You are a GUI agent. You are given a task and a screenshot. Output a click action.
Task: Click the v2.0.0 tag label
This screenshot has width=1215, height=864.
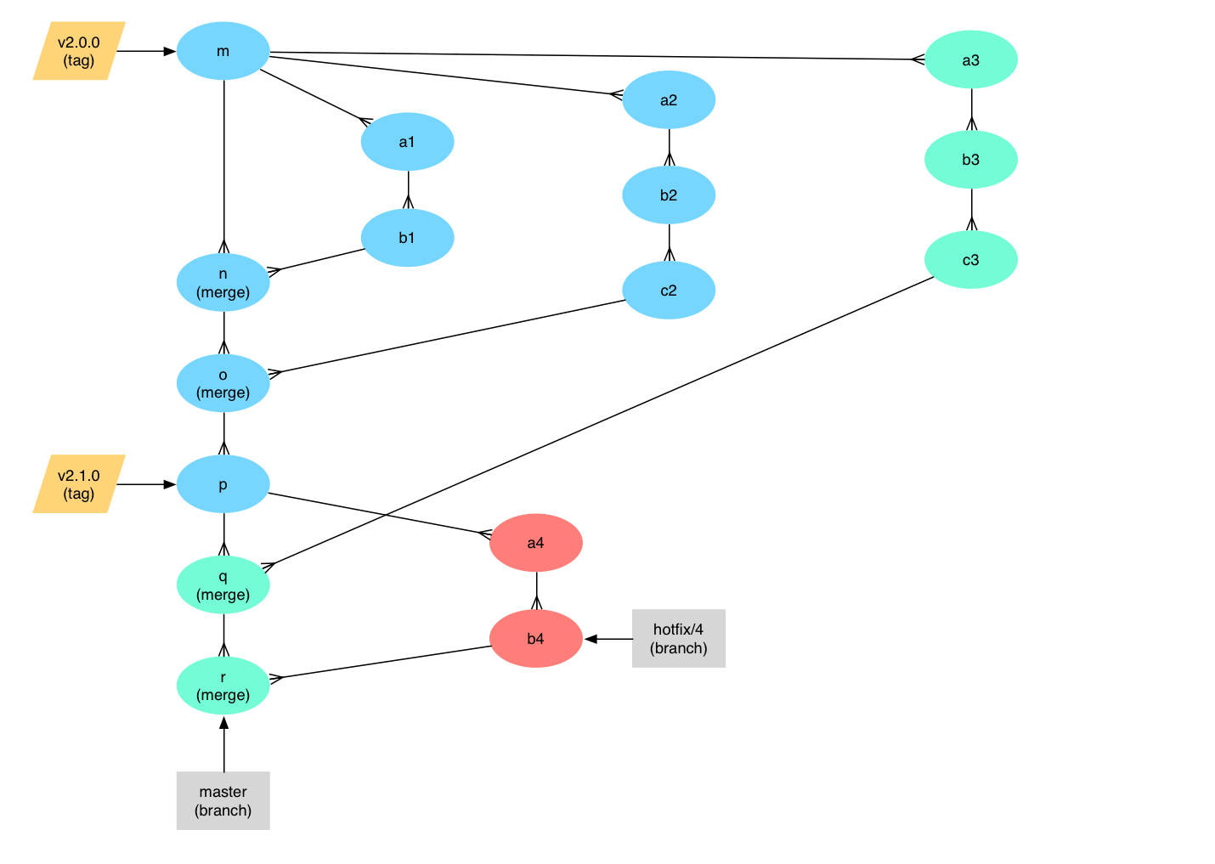79,51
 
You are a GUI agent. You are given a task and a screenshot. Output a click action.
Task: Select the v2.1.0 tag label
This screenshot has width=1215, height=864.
79,484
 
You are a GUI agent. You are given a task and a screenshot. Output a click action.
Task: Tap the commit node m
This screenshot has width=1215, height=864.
223,51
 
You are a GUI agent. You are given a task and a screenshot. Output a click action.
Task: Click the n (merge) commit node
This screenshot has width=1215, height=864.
223,283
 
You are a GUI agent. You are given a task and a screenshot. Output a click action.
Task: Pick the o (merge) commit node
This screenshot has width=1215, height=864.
223,383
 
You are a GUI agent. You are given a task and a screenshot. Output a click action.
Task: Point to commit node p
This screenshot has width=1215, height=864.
223,484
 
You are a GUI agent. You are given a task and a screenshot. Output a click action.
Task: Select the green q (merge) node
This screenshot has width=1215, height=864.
223,584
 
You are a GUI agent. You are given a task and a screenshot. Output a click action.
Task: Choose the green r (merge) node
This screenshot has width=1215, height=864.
223,686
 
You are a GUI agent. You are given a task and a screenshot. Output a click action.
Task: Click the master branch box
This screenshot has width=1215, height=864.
223,800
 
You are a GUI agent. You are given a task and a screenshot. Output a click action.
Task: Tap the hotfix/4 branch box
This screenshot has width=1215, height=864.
679,638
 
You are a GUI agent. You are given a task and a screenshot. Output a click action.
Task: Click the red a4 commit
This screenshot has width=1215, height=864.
535,543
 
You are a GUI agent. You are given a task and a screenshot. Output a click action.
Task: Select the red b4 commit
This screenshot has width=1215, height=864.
535,638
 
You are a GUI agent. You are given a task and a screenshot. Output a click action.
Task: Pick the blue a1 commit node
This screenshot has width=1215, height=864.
407,142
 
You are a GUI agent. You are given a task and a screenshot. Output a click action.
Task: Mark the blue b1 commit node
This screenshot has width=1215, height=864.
407,238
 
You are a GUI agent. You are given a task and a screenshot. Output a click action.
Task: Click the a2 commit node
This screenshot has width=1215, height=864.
669,100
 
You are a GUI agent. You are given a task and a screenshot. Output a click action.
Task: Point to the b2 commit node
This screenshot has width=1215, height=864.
669,195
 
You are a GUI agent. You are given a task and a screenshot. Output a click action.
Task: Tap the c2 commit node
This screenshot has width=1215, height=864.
669,291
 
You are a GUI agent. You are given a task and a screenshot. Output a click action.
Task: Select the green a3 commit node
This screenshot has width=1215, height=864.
970,59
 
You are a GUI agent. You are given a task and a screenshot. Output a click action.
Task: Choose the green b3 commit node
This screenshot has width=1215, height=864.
970,160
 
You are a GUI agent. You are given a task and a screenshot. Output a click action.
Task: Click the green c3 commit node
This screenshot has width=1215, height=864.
970,260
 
